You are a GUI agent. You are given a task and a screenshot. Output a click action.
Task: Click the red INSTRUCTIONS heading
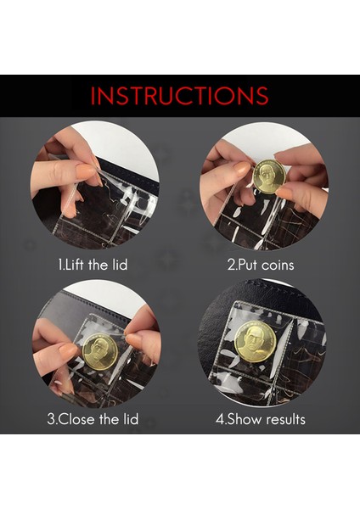(179, 96)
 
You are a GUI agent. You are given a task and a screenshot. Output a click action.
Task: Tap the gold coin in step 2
(268, 177)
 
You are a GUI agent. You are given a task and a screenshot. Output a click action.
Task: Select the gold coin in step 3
(99, 351)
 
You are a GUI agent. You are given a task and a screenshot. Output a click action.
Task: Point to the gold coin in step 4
(255, 342)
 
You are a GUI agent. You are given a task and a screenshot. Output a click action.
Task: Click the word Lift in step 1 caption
(76, 265)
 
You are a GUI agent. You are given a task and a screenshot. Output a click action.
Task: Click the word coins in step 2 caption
(278, 265)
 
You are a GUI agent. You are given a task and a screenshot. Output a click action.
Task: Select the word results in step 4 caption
(285, 419)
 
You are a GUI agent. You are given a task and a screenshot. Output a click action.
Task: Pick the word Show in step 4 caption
(245, 419)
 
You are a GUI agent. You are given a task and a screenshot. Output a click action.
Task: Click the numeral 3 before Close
(51, 419)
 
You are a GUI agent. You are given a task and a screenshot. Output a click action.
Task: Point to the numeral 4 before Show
(220, 419)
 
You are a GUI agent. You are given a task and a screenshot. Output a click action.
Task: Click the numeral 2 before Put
(231, 266)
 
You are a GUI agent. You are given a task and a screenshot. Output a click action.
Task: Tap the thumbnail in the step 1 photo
(85, 170)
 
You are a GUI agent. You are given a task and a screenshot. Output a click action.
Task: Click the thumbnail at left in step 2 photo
(242, 169)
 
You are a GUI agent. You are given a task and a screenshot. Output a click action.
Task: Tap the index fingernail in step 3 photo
(69, 350)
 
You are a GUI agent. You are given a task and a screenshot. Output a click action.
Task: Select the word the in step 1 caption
(98, 265)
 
